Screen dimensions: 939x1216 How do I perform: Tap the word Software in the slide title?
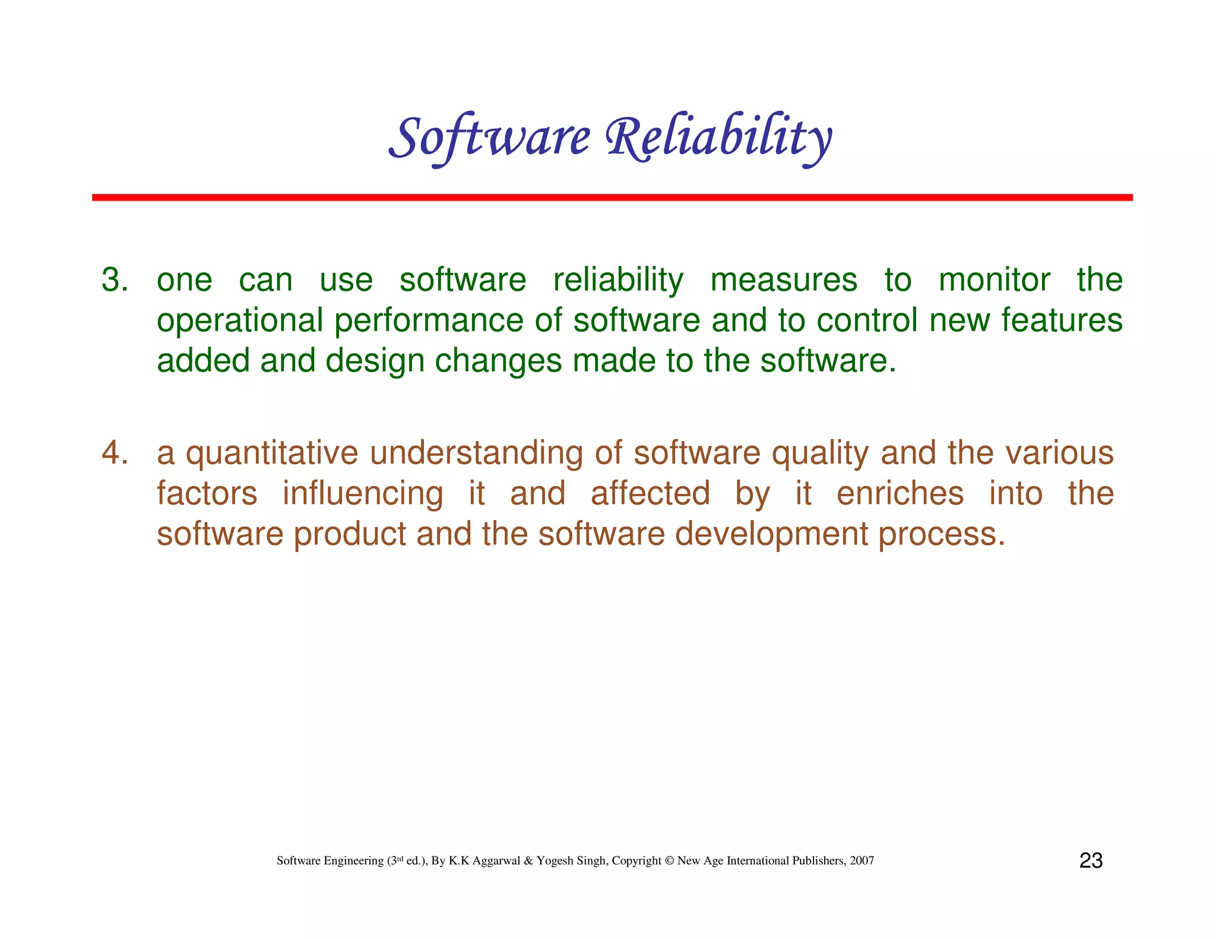coord(490,138)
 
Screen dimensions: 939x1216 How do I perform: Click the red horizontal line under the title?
coord(612,197)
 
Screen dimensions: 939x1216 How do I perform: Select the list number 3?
coord(114,280)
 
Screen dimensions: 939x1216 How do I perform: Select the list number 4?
coord(114,453)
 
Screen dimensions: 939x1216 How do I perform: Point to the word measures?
coord(784,280)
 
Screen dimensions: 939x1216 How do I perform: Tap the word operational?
coord(240,321)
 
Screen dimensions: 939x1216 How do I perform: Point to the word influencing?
coord(362,493)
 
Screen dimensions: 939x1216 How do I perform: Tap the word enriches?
coord(900,493)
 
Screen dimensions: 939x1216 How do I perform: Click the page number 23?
coord(1091,861)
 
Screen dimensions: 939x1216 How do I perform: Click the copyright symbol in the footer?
coord(669,861)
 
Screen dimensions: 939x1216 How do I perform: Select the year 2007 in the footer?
coord(862,861)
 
